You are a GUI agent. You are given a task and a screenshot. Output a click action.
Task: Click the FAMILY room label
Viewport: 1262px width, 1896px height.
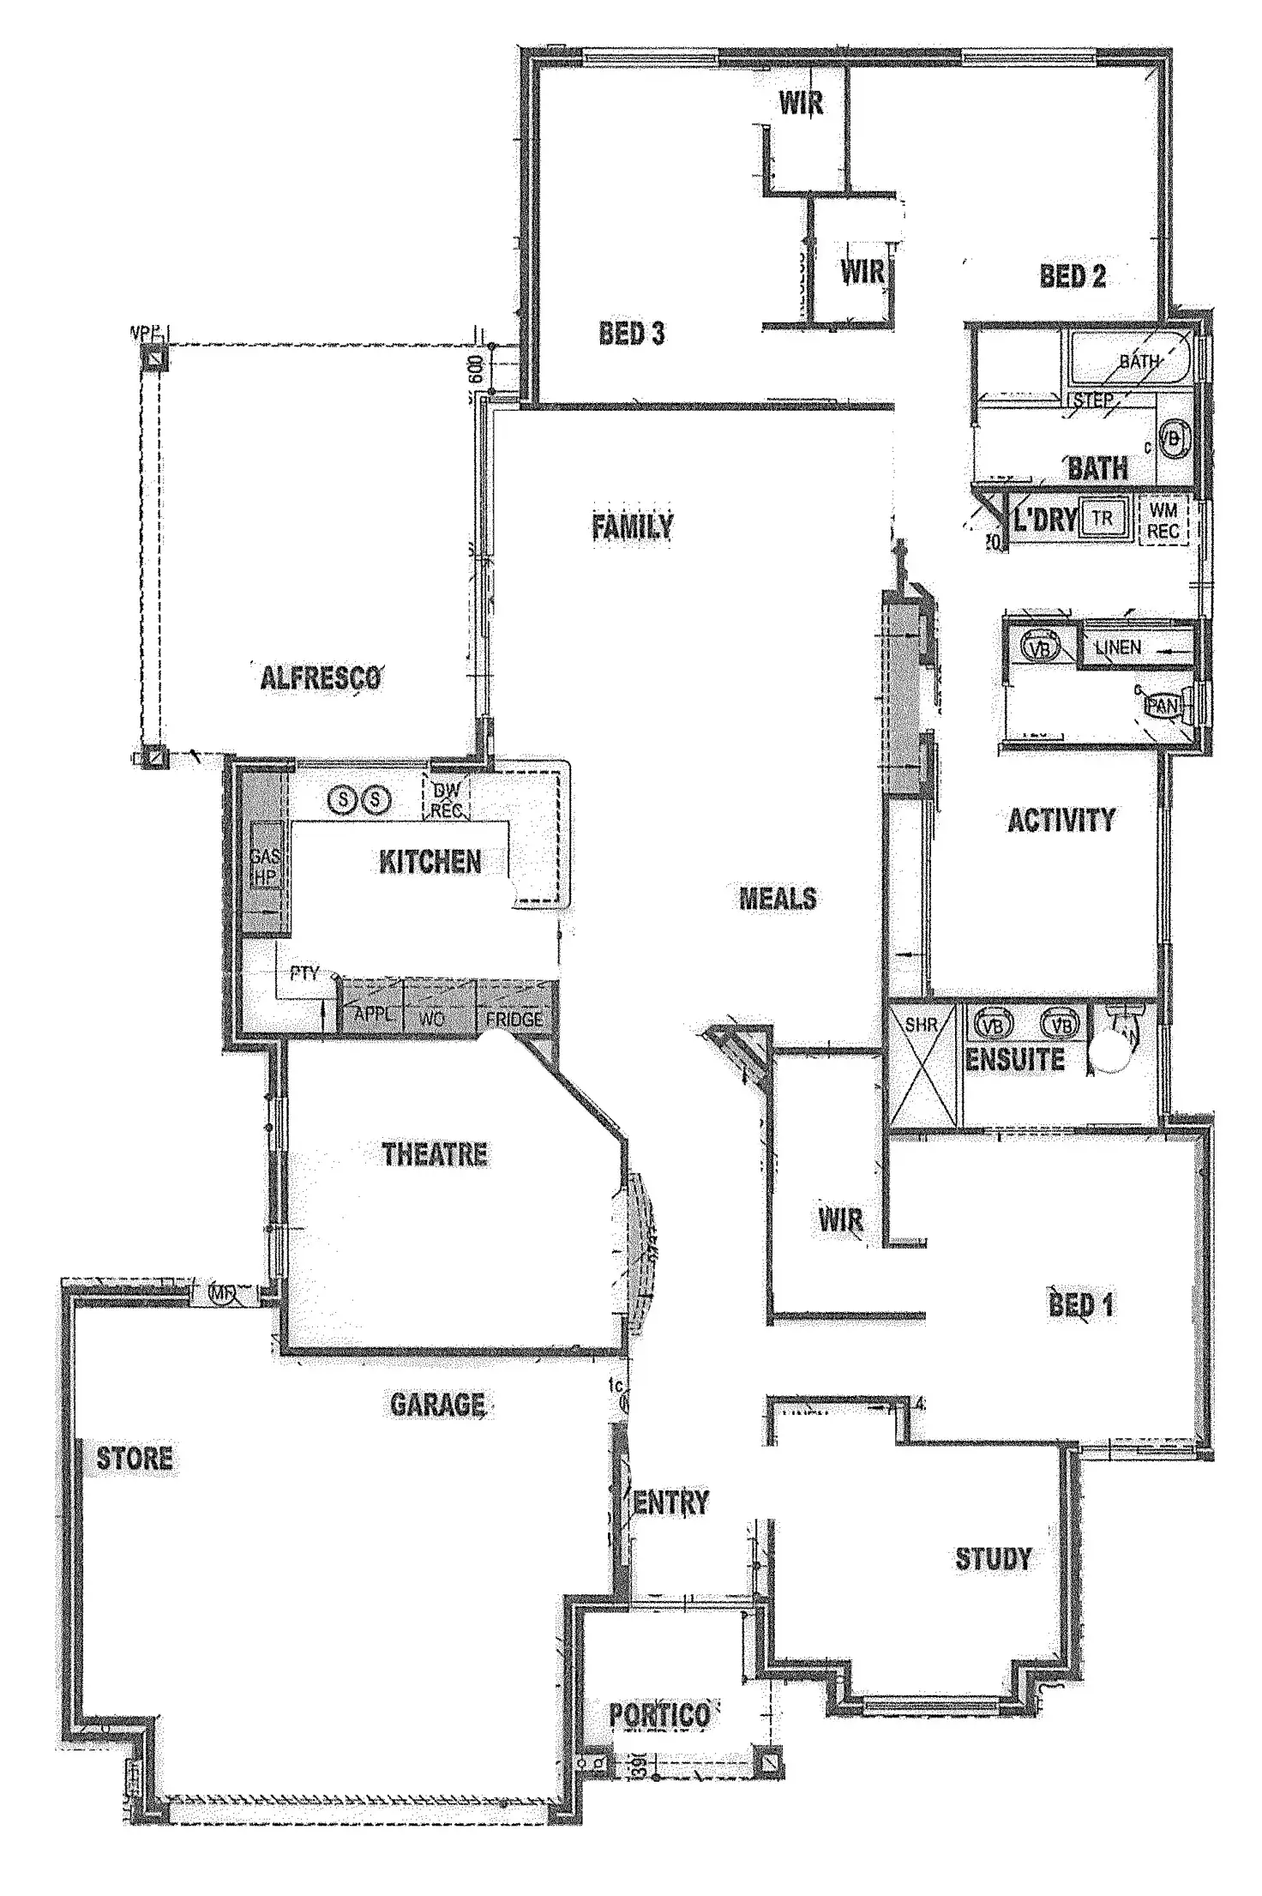click(x=632, y=526)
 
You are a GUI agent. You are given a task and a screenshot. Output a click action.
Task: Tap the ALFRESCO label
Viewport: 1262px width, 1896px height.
click(x=320, y=678)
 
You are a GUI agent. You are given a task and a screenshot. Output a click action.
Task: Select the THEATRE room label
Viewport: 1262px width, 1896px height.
click(x=435, y=1154)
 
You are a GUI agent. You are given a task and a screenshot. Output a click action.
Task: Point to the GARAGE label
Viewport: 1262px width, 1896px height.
click(x=437, y=1405)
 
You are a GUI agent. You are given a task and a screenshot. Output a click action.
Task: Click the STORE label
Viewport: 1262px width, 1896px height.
click(x=134, y=1459)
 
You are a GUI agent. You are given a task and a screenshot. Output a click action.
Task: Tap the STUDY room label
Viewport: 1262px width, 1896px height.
click(x=994, y=1559)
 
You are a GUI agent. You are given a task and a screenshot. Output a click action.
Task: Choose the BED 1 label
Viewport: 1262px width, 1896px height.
click(x=1080, y=1305)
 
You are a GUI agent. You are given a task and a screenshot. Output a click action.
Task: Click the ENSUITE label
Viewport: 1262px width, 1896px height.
click(x=1015, y=1060)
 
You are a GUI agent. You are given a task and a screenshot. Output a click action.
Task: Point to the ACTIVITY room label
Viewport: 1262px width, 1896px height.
click(x=1061, y=821)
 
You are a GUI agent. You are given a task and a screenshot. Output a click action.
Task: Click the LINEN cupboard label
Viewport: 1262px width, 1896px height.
click(x=1118, y=647)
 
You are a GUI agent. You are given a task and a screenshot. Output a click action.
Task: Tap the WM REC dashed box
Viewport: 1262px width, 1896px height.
click(x=1163, y=521)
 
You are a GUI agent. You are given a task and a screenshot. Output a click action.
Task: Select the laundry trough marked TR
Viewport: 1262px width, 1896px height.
click(x=1103, y=519)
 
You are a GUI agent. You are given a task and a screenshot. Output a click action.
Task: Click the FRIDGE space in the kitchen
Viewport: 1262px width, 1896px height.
click(x=514, y=1018)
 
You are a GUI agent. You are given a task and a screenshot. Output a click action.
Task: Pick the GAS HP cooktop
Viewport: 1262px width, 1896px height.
click(x=264, y=866)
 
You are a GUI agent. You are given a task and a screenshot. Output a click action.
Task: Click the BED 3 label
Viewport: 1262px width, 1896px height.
click(x=632, y=334)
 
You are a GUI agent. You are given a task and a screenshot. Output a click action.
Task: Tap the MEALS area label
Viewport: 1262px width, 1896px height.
click(x=778, y=899)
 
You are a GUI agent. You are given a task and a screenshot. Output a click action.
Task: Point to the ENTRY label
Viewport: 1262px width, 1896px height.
click(x=671, y=1502)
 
